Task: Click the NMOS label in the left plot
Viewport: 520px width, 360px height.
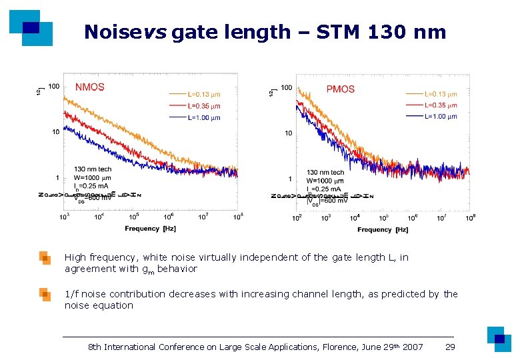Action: pyautogui.click(x=90, y=87)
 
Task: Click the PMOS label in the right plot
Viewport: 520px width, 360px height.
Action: pyautogui.click(x=340, y=89)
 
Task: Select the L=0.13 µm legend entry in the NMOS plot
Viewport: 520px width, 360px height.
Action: pyautogui.click(x=203, y=94)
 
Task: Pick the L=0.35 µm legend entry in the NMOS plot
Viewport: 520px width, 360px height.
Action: pyautogui.click(x=203, y=106)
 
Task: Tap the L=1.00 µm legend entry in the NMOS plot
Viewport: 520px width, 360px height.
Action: pyautogui.click(x=203, y=117)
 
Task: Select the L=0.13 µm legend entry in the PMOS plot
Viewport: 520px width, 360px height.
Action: pyautogui.click(x=441, y=94)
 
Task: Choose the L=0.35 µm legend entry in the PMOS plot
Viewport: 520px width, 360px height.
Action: pyautogui.click(x=441, y=105)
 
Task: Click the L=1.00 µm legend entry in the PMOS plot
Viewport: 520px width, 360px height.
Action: pyautogui.click(x=441, y=117)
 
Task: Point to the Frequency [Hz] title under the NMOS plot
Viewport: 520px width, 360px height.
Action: pyautogui.click(x=151, y=229)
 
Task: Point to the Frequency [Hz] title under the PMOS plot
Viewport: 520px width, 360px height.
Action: pyautogui.click(x=383, y=230)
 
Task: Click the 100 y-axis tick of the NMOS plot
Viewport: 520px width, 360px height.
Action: pyautogui.click(x=53, y=87)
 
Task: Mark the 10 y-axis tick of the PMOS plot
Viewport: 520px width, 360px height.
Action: pyautogui.click(x=288, y=133)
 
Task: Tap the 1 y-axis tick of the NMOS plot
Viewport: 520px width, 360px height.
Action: pyautogui.click(x=57, y=178)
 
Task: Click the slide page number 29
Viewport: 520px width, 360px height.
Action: pyautogui.click(x=451, y=347)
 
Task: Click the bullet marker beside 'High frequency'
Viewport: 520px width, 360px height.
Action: pyautogui.click(x=45, y=258)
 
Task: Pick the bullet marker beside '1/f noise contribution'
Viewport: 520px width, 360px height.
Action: pyautogui.click(x=45, y=294)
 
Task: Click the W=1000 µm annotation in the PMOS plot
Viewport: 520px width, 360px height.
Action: pyautogui.click(x=325, y=181)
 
